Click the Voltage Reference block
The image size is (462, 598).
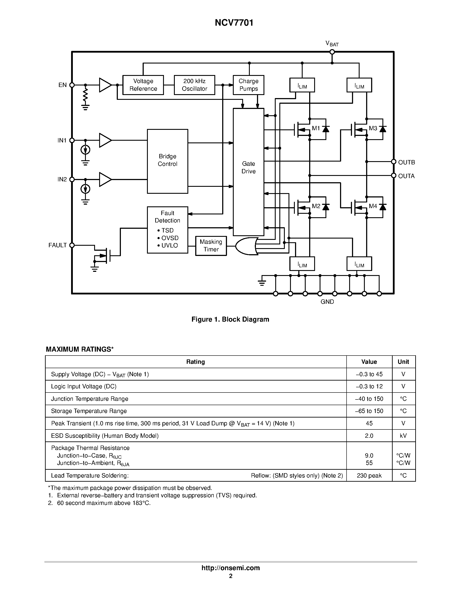[143, 85]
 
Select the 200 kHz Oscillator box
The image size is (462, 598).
[194, 85]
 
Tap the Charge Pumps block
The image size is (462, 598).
[248, 85]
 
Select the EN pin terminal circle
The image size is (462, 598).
[72, 85]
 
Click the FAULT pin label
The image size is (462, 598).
[57, 245]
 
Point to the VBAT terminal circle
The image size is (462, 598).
[332, 52]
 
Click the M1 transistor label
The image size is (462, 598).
[316, 128]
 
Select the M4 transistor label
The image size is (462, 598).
[373, 206]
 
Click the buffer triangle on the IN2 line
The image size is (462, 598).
[105, 179]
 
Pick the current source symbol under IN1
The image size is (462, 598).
[85, 150]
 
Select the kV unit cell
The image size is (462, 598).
[403, 435]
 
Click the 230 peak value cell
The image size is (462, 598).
[369, 475]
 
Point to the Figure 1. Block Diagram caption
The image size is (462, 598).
[230, 319]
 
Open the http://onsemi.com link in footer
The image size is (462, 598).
[230, 568]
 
